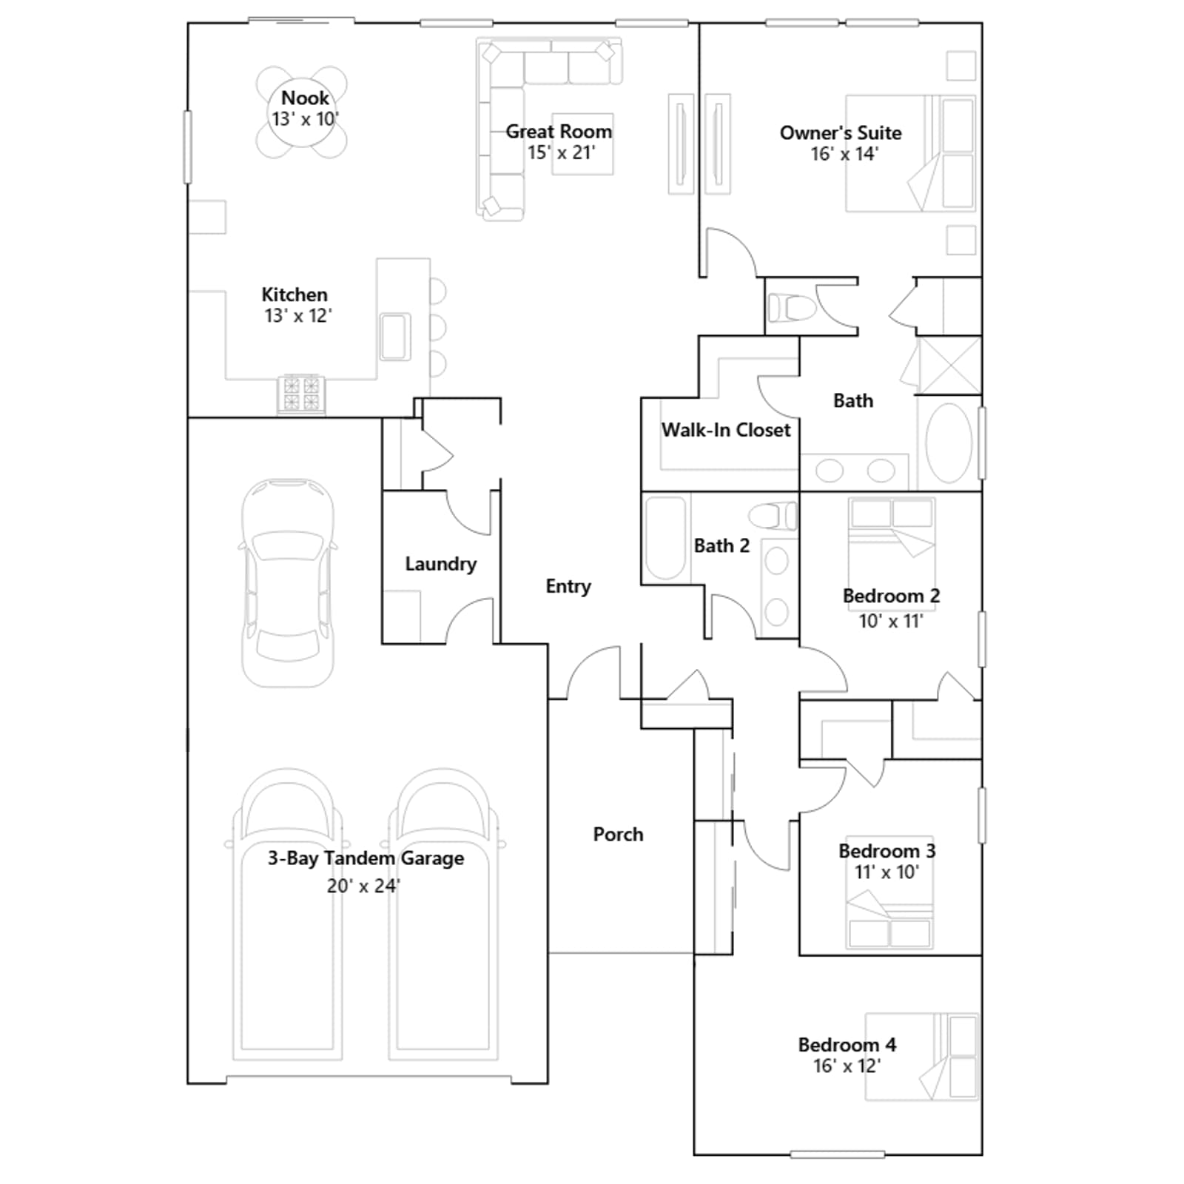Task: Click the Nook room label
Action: pyautogui.click(x=305, y=98)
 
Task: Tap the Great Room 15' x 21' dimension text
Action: pyautogui.click(x=561, y=152)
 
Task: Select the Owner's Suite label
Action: pyautogui.click(x=841, y=132)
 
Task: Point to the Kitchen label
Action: pyautogui.click(x=294, y=294)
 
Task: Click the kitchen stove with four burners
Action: pyautogui.click(x=301, y=394)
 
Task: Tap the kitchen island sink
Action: pyautogui.click(x=395, y=337)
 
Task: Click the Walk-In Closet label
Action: pyautogui.click(x=726, y=430)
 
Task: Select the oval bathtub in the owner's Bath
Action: pyautogui.click(x=949, y=443)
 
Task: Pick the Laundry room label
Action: pyautogui.click(x=440, y=564)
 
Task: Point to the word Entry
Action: pyautogui.click(x=568, y=586)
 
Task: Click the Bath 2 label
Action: pyautogui.click(x=721, y=545)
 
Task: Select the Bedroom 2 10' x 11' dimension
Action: pyautogui.click(x=891, y=621)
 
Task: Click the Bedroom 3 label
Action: pyautogui.click(x=887, y=850)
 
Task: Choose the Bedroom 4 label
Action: pyautogui.click(x=847, y=1044)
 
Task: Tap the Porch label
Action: pyautogui.click(x=618, y=834)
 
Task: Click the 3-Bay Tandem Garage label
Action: pyautogui.click(x=366, y=858)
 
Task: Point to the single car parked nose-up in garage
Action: pyautogui.click(x=288, y=582)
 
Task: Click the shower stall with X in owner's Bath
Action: pyautogui.click(x=949, y=366)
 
